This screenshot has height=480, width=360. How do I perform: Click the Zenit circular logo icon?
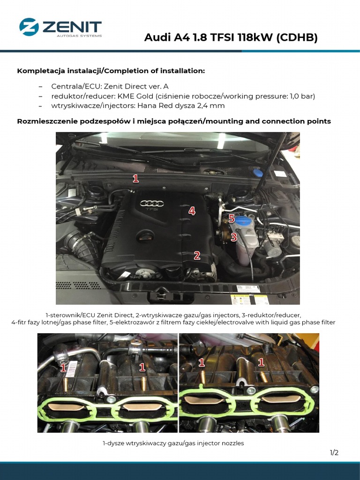[x=29, y=27]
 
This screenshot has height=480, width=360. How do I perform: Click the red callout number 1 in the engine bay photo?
[x=135, y=179]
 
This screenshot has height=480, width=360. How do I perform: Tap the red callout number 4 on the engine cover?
[x=192, y=211]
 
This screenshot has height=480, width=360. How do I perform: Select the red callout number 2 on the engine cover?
[x=197, y=255]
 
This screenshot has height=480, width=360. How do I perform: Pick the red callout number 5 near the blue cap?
[x=231, y=218]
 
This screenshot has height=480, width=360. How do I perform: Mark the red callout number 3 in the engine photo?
[x=233, y=238]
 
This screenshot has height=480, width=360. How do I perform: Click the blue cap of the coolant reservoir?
[x=243, y=221]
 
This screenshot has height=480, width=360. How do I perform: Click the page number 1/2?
[x=334, y=452]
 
